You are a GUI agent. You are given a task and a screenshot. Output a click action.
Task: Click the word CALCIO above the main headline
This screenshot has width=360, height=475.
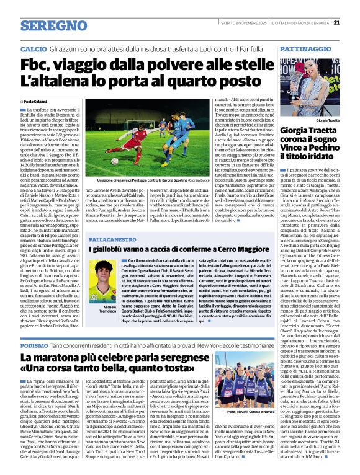33,48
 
